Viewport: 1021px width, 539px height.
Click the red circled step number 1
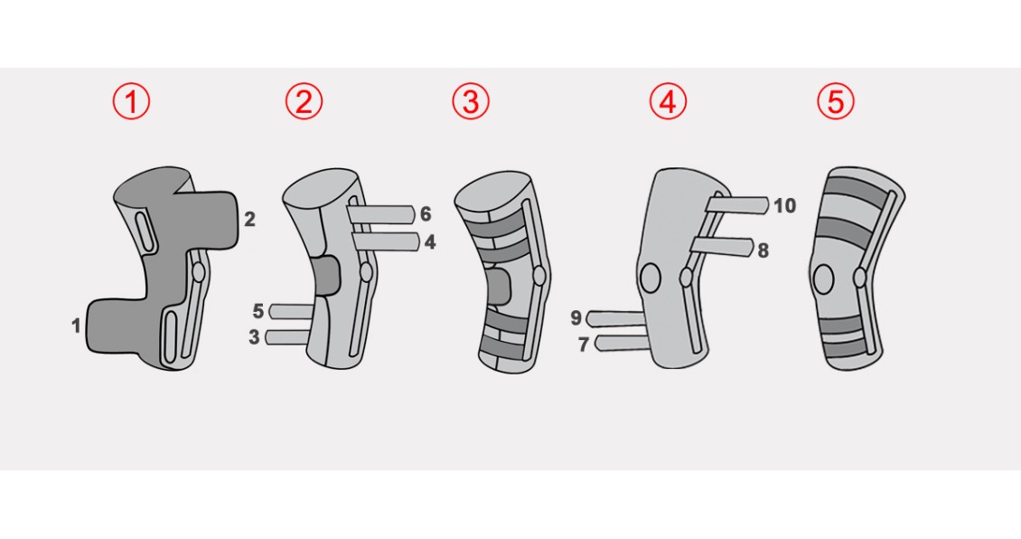[131, 102]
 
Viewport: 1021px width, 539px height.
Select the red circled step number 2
[304, 101]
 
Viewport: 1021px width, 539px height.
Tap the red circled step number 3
[470, 101]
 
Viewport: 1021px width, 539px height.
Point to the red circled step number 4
[668, 101]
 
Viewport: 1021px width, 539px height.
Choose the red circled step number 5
[836, 101]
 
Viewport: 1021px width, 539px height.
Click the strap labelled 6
[381, 214]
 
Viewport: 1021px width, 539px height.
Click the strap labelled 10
[738, 205]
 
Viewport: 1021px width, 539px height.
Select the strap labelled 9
[616, 318]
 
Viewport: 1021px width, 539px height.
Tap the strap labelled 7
[623, 343]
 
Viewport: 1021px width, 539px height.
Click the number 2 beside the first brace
[249, 220]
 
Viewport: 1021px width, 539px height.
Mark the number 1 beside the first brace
[76, 326]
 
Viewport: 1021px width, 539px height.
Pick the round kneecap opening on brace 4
[650, 277]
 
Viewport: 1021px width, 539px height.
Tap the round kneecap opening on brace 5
[823, 279]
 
